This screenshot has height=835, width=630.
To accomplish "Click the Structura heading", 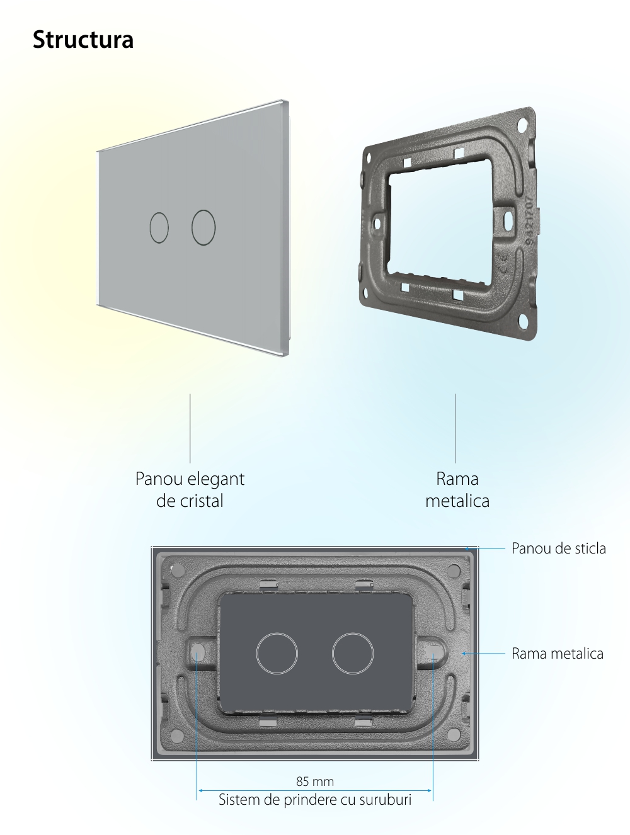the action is tap(83, 39).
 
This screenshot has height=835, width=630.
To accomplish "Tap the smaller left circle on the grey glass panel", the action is tap(150, 227).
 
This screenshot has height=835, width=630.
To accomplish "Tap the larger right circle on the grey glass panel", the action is tap(192, 227).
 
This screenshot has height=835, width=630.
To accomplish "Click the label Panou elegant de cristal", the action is tap(190, 489).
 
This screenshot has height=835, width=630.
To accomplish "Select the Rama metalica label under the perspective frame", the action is tap(457, 489).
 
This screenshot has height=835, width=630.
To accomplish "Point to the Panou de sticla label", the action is tap(558, 548).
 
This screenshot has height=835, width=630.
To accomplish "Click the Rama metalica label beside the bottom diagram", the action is tap(558, 653).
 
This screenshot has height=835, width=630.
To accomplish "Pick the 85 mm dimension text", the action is tap(315, 781).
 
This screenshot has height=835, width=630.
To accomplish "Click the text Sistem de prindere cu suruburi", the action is tap(315, 799).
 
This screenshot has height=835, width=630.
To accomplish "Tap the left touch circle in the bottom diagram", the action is tap(257, 654).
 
